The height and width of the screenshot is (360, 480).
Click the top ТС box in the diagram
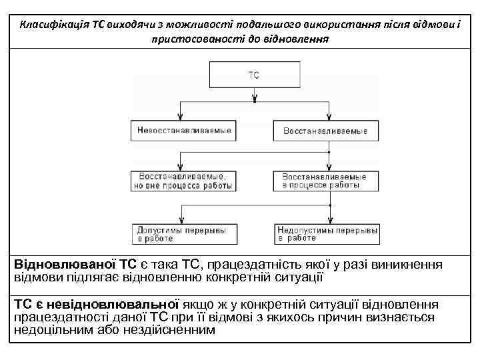(x=254, y=76)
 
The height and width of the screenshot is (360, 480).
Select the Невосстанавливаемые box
(x=183, y=131)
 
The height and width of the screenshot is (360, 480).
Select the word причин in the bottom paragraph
(x=285, y=317)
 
